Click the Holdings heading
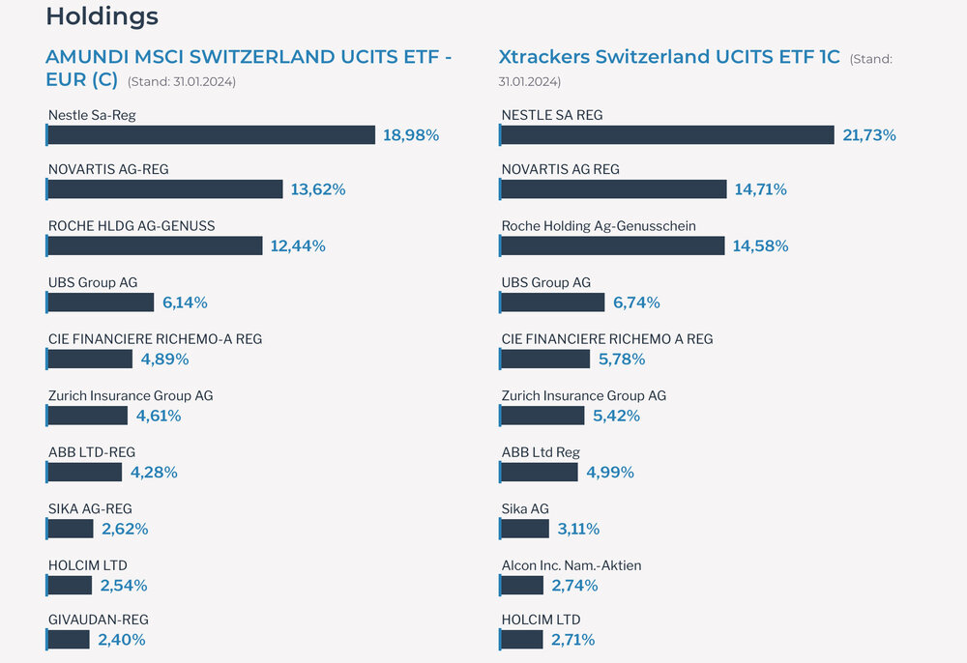click(102, 16)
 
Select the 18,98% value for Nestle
click(411, 135)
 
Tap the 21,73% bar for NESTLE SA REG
click(667, 135)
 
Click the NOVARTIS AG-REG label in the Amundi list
click(108, 169)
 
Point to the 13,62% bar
click(164, 189)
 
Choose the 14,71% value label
click(760, 189)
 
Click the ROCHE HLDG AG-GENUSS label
click(132, 226)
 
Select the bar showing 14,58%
click(612, 246)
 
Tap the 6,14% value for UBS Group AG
click(185, 303)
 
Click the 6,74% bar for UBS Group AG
click(552, 303)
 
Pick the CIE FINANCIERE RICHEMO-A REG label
click(155, 339)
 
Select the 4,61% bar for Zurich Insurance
click(87, 416)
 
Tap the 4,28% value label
click(154, 473)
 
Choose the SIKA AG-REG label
click(90, 508)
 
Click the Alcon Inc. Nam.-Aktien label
click(571, 565)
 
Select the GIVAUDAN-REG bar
click(68, 640)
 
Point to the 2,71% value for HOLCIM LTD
click(572, 640)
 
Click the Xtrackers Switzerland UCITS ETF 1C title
click(669, 57)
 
